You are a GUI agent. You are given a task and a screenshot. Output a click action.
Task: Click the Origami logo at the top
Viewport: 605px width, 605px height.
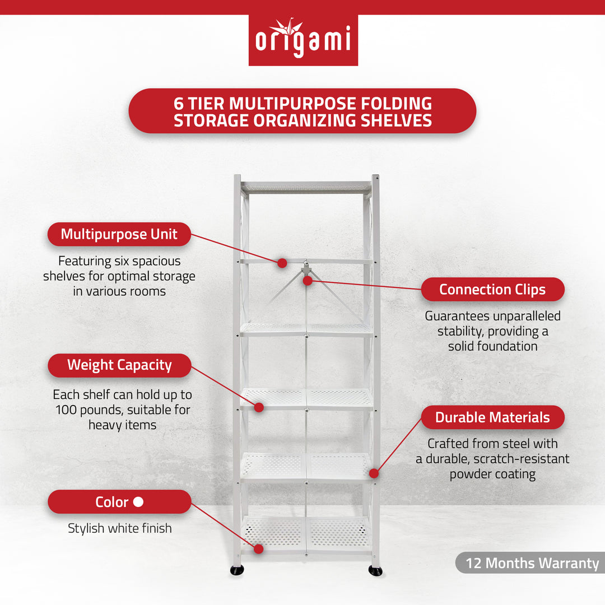[x=303, y=40]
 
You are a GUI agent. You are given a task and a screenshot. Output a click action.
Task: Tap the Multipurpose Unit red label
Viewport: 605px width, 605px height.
[x=119, y=234]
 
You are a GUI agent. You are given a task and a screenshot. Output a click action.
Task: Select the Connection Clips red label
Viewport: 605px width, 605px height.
[x=492, y=290]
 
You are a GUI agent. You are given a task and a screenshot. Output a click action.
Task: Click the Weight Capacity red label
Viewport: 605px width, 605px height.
[x=119, y=365]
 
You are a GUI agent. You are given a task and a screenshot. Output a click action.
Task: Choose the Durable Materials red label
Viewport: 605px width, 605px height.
[x=492, y=417]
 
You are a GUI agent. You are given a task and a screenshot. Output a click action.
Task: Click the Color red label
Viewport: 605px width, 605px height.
[x=119, y=502]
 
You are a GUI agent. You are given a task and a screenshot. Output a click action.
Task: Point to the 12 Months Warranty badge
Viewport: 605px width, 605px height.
[x=532, y=563]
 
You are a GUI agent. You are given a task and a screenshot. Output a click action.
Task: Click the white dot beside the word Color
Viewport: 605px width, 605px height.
[x=138, y=502]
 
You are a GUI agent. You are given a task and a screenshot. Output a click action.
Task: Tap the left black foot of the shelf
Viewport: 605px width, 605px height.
[x=237, y=570]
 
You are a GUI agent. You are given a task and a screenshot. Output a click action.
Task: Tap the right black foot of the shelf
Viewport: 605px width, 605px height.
[x=375, y=571]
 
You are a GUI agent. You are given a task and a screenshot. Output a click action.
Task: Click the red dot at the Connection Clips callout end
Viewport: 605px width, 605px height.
[x=307, y=281]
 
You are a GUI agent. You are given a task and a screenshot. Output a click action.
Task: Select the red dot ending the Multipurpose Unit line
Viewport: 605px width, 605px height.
[x=282, y=262]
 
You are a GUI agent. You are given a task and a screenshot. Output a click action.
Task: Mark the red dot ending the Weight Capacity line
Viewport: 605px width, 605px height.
[x=259, y=407]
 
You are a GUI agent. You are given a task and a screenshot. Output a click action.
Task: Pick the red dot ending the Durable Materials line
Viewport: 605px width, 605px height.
[x=374, y=473]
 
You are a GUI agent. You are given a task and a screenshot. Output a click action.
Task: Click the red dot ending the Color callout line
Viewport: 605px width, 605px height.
[x=258, y=549]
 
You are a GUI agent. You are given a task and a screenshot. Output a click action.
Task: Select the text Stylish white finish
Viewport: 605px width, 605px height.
[x=120, y=528]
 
